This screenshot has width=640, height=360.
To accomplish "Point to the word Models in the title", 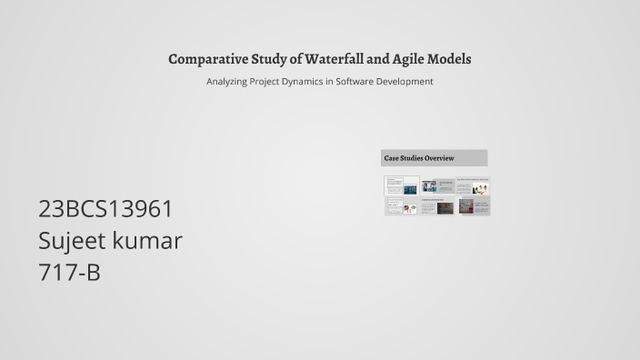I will (x=452, y=59).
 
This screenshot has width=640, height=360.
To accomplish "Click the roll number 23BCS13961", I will (x=105, y=209).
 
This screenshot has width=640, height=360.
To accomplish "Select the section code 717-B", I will (x=69, y=272).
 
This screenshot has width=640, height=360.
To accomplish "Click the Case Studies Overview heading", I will (x=419, y=158).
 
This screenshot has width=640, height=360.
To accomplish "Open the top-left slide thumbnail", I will (x=401, y=185).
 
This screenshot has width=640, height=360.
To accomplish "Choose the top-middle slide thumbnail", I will (x=437, y=186).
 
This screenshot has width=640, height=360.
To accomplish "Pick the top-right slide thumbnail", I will (x=473, y=186).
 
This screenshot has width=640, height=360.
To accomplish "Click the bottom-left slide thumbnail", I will (x=401, y=206).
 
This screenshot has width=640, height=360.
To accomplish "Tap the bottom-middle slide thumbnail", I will (x=437, y=206).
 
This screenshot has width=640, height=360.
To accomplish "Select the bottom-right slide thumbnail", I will (x=473, y=206).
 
